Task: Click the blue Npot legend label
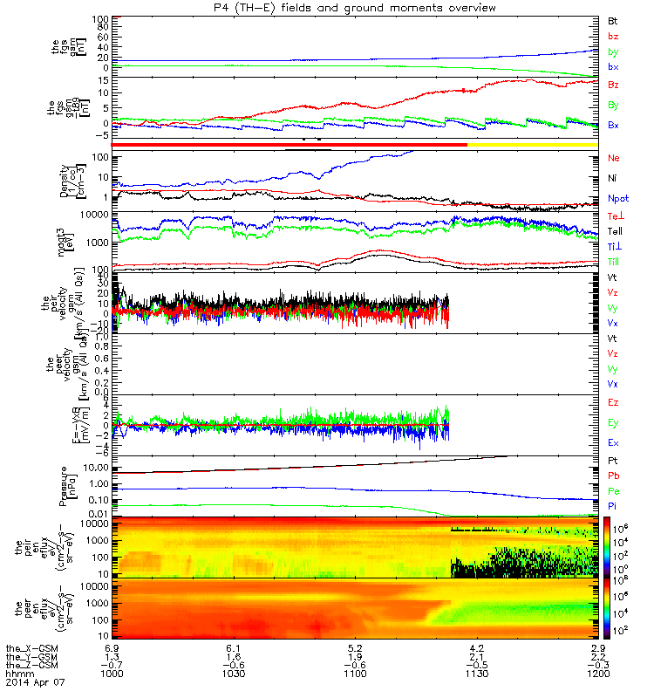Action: click(x=617, y=198)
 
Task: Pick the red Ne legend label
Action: click(x=613, y=158)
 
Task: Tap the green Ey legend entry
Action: click(x=613, y=422)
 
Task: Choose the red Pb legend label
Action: click(x=613, y=476)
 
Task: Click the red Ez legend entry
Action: click(x=613, y=403)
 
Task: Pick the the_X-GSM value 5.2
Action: click(x=355, y=648)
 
